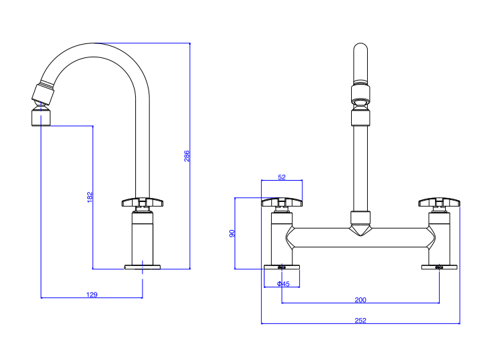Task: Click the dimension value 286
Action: (x=187, y=156)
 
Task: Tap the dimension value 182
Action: (x=90, y=197)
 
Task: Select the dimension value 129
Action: (x=92, y=294)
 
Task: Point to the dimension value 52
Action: (x=281, y=177)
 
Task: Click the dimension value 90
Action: (x=232, y=233)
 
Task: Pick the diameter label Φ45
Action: (x=283, y=284)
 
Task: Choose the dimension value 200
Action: (x=360, y=299)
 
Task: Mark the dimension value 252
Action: (x=360, y=321)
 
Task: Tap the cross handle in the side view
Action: (x=143, y=202)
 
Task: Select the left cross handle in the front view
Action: (x=282, y=202)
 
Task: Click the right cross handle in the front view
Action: (x=439, y=202)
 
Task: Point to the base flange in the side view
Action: (x=143, y=267)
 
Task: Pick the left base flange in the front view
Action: (x=282, y=267)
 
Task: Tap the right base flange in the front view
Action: (x=439, y=267)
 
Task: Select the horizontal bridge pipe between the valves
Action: (x=393, y=237)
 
